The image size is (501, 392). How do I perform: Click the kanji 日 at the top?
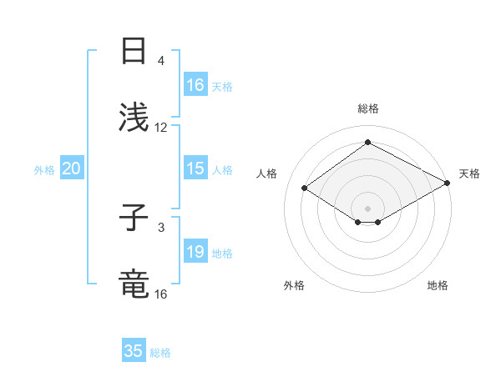click(134, 52)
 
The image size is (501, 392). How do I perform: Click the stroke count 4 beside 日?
click(161, 61)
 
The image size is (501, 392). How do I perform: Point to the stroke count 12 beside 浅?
click(161, 128)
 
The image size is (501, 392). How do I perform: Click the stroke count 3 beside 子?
click(161, 227)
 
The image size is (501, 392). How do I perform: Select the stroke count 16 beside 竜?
click(161, 294)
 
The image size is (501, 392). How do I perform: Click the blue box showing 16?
click(195, 85)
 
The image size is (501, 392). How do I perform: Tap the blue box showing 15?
click(195, 168)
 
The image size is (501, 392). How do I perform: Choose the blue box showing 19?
click(195, 252)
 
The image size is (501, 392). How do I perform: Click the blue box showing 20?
click(72, 168)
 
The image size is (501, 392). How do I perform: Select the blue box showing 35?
click(134, 351)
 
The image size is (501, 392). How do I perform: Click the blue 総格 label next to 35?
click(160, 353)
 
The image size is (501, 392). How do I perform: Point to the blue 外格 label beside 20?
click(44, 170)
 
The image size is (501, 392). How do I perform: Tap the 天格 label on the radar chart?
click(469, 173)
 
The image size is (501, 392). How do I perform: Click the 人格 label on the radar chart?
click(267, 173)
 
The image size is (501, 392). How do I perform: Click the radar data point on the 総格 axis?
click(367, 143)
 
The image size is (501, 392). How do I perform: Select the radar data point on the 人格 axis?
click(305, 188)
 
